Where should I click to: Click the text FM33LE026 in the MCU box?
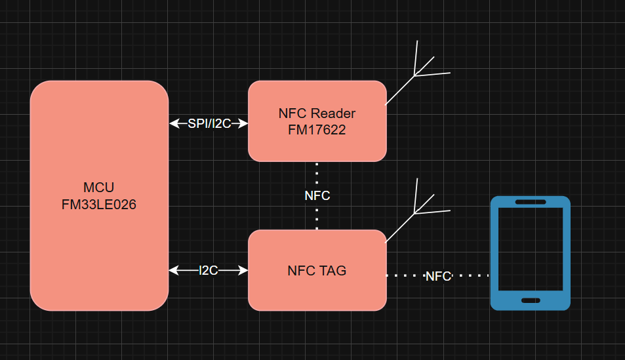[99, 205]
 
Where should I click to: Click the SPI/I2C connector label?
[209, 123]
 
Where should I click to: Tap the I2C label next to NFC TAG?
[209, 270]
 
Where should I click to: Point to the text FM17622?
[317, 130]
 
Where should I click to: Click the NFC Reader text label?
[317, 113]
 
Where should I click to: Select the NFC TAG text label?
[317, 270]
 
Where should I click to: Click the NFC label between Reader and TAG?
[317, 195]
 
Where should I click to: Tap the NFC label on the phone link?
[438, 276]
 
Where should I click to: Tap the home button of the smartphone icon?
[531, 300]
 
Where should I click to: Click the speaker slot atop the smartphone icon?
[531, 202]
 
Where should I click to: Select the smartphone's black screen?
[531, 249]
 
